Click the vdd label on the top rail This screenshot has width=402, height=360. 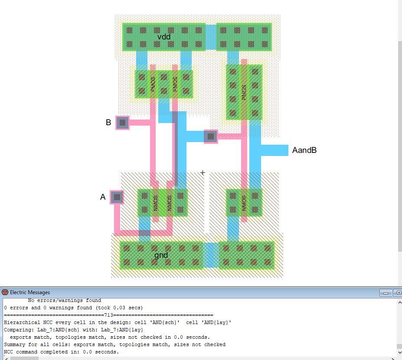164,37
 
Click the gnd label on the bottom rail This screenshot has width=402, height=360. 161,255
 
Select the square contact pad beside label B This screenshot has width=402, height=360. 123,123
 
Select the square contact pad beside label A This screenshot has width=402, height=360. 117,197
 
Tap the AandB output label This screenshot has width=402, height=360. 304,150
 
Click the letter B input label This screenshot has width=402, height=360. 108,123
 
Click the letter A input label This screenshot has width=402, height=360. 103,197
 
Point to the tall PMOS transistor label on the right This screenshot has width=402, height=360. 244,92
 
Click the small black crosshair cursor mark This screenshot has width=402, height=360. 203,173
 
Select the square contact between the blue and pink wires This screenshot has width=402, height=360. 211,136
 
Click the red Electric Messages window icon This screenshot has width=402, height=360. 5,292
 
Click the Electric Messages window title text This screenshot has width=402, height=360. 30,292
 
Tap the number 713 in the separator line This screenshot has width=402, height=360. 108,315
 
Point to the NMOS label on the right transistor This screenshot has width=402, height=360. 244,203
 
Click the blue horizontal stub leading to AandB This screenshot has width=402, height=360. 275,150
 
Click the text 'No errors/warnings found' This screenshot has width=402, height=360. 64,300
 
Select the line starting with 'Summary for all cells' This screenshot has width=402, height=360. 114,345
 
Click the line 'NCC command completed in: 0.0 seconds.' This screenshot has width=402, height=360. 61,352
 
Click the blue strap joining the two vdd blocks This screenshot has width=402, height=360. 211,37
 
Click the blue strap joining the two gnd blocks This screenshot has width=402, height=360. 211,255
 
